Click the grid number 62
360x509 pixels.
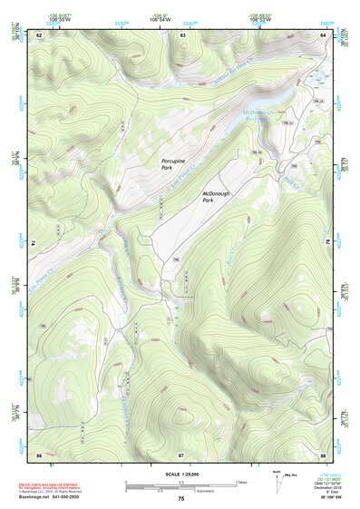pos(40,34)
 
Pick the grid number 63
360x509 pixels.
pos(182,34)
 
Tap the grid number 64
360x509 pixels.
pos(323,34)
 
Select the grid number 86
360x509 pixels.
pos(40,454)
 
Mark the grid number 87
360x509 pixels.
pos(181,454)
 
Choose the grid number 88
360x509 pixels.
pos(323,454)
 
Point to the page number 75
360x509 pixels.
pos(181,499)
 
